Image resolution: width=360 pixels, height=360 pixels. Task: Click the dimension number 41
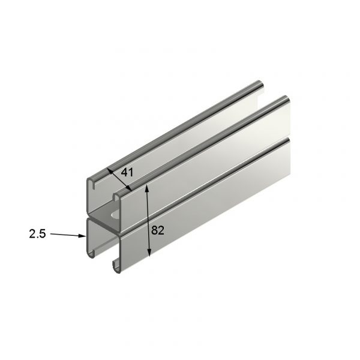point(127,172)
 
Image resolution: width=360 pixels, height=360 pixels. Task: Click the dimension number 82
point(158,230)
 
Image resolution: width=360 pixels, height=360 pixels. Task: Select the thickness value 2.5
point(37,234)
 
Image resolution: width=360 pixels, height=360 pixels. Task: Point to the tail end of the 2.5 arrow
point(52,235)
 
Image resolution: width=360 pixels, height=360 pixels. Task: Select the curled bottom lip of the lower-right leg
point(113,265)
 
